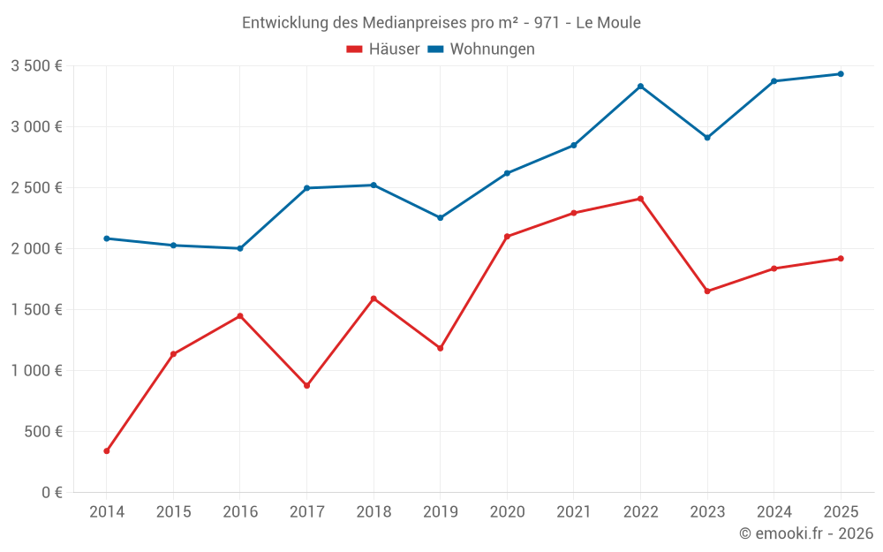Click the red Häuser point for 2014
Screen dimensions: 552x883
click(107, 451)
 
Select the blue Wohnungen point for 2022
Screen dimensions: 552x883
click(640, 87)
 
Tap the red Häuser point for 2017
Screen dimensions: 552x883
click(306, 386)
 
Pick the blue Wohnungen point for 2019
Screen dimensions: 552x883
click(440, 217)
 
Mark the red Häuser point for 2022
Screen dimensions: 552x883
click(640, 199)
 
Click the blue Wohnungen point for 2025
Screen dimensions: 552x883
click(841, 74)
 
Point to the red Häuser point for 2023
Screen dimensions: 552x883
click(706, 291)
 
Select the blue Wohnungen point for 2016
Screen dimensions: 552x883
click(240, 248)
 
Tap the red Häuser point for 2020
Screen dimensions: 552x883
click(507, 237)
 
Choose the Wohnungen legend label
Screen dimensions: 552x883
click(492, 49)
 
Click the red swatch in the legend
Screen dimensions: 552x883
click(355, 49)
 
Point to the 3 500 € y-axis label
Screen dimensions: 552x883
click(36, 65)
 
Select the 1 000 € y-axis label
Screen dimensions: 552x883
click(36, 370)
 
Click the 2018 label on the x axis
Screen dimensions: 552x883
click(374, 511)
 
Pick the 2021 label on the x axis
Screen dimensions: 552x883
click(573, 511)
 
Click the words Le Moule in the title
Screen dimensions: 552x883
click(608, 23)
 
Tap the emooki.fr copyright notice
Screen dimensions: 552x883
click(806, 533)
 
